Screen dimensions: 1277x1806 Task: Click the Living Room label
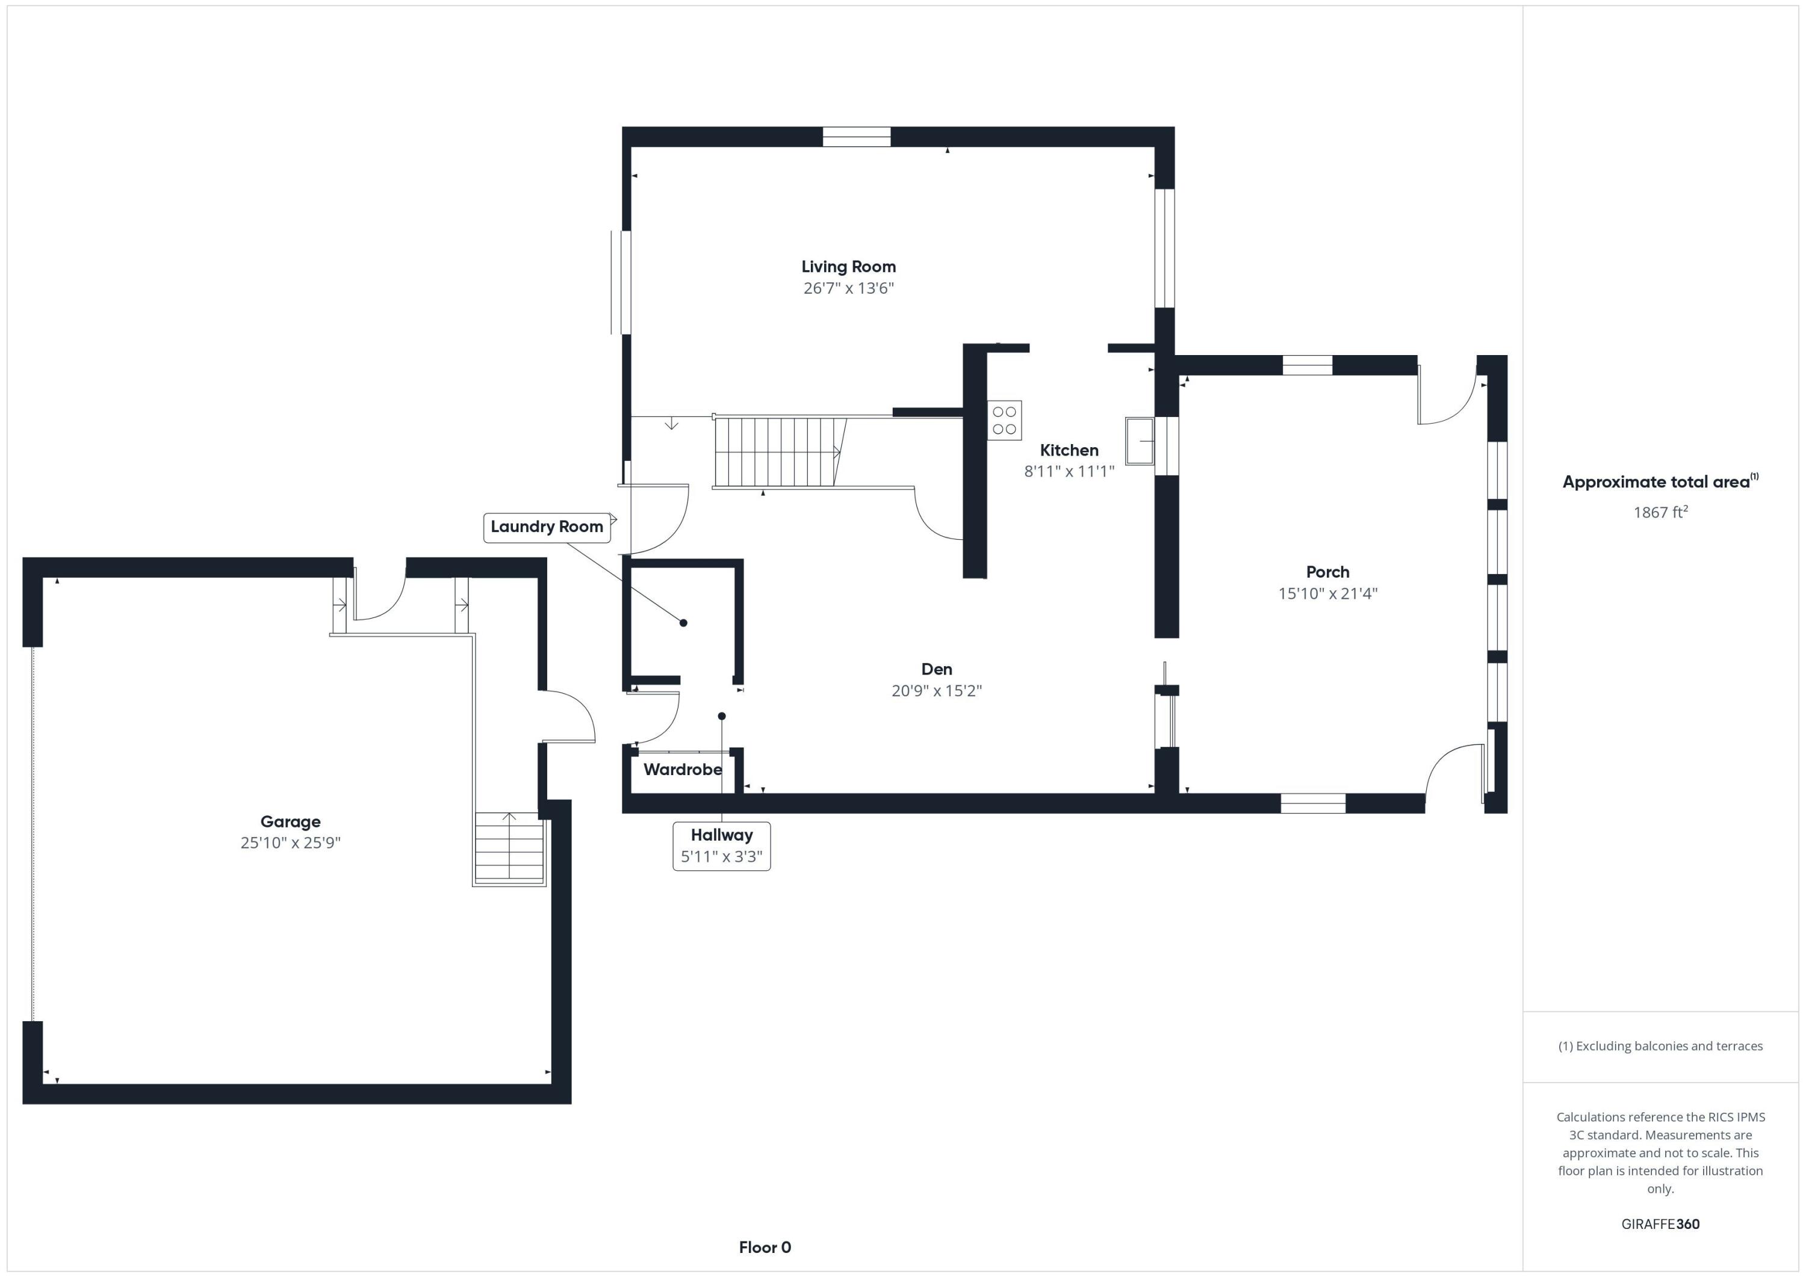click(x=848, y=267)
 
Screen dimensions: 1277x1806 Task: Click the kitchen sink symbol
click(x=1139, y=441)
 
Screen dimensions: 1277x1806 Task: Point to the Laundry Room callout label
click(x=547, y=527)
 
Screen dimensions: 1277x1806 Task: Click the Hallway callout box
click(x=721, y=846)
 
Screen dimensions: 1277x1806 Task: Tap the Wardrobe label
click(x=682, y=769)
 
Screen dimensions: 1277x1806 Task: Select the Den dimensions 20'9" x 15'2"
click(x=936, y=690)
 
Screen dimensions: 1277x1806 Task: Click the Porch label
click(x=1327, y=572)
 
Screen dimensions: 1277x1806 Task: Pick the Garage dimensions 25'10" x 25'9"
click(x=290, y=842)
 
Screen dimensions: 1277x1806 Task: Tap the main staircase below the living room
click(x=779, y=452)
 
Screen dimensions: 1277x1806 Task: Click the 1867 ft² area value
click(x=1660, y=513)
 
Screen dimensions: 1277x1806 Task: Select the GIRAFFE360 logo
click(x=1660, y=1223)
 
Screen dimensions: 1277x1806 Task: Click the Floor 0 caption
click(x=765, y=1247)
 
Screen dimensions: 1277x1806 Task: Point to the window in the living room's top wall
click(x=856, y=137)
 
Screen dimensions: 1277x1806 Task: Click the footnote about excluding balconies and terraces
click(x=1660, y=1046)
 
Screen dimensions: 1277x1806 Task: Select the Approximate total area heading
click(x=1660, y=482)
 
